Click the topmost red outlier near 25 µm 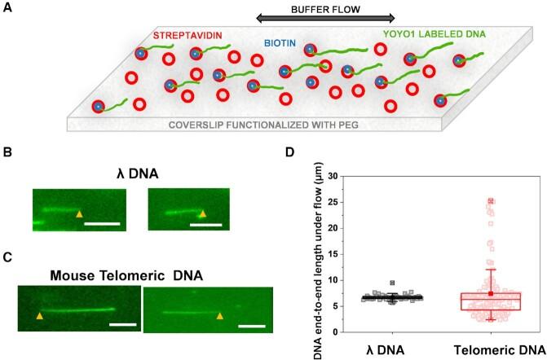tap(467, 200)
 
